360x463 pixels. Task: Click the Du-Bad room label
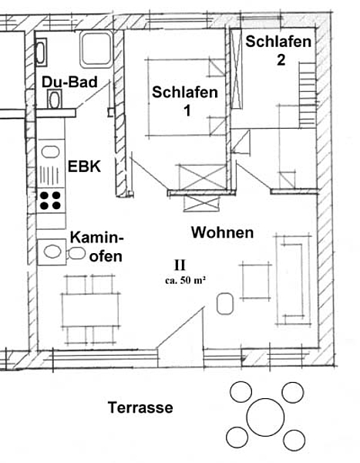[x=69, y=82]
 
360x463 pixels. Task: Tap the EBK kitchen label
[x=84, y=167]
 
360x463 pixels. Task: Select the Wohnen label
[x=223, y=232]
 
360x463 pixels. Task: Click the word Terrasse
[x=140, y=407]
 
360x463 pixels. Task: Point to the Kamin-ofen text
[x=96, y=247]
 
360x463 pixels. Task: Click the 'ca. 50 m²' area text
[x=185, y=280]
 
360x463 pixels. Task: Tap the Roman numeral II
[x=180, y=265]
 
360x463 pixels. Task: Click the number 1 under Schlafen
[x=187, y=111]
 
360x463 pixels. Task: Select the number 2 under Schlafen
[x=281, y=60]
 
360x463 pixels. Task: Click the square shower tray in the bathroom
[x=96, y=49]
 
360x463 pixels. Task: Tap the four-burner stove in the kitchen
[x=50, y=201]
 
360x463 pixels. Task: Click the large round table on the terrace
[x=265, y=417]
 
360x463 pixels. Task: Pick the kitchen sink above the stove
[x=50, y=152]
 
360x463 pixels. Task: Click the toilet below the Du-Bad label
[x=55, y=100]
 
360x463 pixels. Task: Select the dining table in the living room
[x=91, y=309]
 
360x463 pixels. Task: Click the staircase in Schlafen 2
[x=308, y=95]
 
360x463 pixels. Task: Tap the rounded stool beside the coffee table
[x=225, y=303]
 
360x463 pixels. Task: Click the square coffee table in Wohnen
[x=256, y=281]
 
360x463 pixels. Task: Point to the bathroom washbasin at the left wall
[x=42, y=52]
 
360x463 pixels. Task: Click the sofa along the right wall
[x=294, y=280]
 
